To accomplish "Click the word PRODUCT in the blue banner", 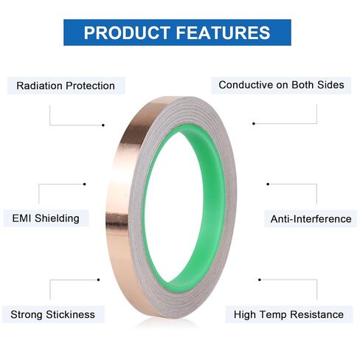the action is (127, 32).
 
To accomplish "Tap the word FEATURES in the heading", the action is (223, 32).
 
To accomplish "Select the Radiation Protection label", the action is (66, 86).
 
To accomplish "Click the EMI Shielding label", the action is (46, 218).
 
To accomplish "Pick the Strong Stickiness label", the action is (52, 314).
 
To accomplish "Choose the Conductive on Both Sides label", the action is (281, 85).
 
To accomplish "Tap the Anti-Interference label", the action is (311, 219).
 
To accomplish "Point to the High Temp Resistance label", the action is (288, 314).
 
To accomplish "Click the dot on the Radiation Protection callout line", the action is (103, 125).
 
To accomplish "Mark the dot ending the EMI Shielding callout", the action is (85, 184).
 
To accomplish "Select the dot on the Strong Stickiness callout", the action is (98, 280).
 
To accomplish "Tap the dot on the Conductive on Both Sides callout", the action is (254, 123).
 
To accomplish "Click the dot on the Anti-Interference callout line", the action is (268, 184).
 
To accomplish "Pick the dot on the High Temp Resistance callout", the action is (260, 280).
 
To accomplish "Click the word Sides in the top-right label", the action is (330, 85).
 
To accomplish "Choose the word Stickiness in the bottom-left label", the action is (70, 314).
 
